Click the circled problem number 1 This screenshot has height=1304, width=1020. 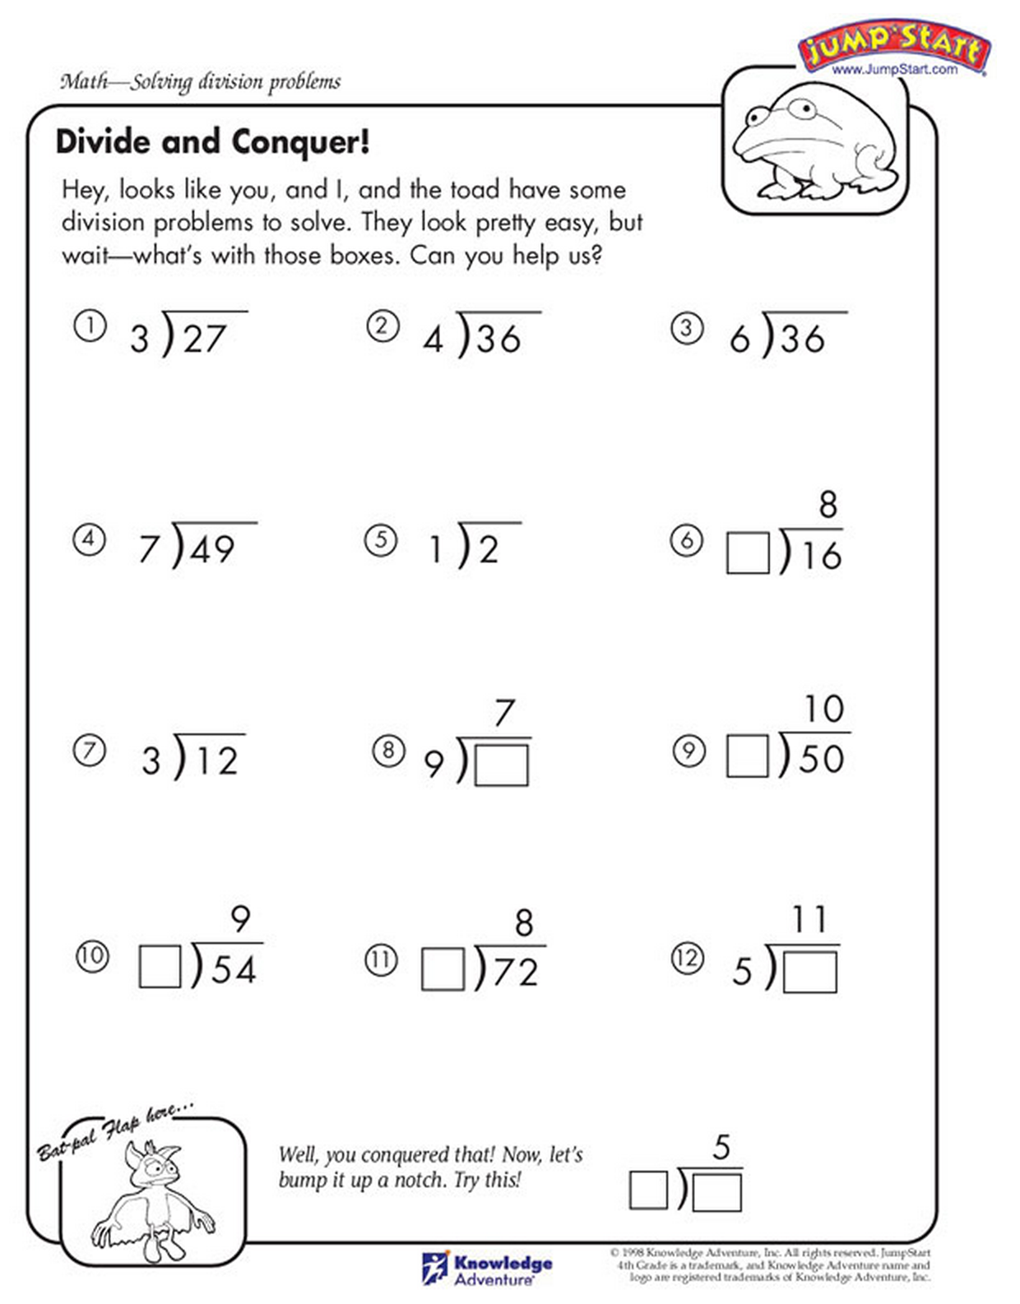click(x=90, y=326)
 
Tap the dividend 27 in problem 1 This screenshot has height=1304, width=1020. click(x=204, y=339)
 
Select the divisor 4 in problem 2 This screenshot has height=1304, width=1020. click(x=433, y=339)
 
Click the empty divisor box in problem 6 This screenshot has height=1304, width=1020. click(x=748, y=553)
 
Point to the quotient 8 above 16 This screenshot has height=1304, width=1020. click(x=828, y=504)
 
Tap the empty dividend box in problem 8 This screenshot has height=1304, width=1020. click(x=502, y=765)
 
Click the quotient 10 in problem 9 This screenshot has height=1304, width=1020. click(x=823, y=709)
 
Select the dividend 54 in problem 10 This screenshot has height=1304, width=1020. click(x=234, y=969)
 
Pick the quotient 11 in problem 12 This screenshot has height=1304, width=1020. click(x=809, y=918)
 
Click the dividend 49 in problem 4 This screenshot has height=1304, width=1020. click(x=213, y=549)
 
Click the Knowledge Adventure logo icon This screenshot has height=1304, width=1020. click(x=434, y=1268)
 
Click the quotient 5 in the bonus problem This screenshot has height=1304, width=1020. click(x=721, y=1146)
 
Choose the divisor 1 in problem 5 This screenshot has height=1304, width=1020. click(x=436, y=549)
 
